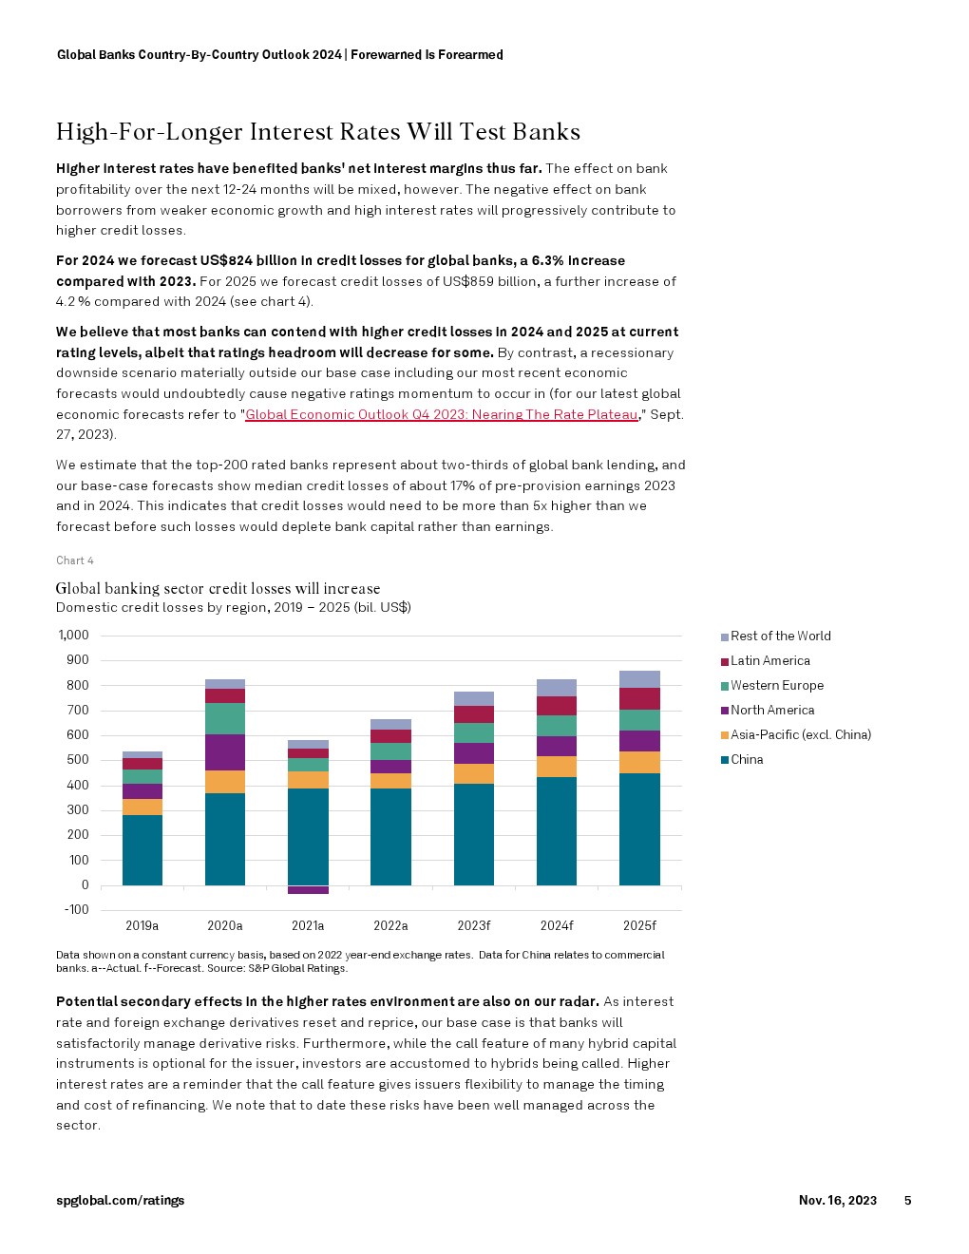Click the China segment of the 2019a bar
coord(142,849)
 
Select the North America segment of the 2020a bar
coord(225,751)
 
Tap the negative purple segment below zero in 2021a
coord(308,890)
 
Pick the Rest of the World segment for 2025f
coord(639,679)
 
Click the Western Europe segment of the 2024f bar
coord(557,726)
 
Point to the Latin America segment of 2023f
coord(474,714)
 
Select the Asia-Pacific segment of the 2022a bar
coord(390,781)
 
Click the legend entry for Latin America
coord(769,661)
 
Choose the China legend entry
coord(747,760)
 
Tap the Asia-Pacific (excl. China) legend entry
coord(800,735)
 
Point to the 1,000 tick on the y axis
coord(74,636)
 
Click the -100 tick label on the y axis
coord(77,910)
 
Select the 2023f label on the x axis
coord(474,925)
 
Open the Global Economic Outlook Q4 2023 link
coord(441,414)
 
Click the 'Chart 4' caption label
coord(75,560)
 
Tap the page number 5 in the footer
coord(907,1201)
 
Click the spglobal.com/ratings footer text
coord(120,1201)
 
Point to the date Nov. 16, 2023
coord(837,1201)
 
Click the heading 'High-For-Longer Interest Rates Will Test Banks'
coord(318,132)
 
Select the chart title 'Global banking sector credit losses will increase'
coord(218,589)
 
